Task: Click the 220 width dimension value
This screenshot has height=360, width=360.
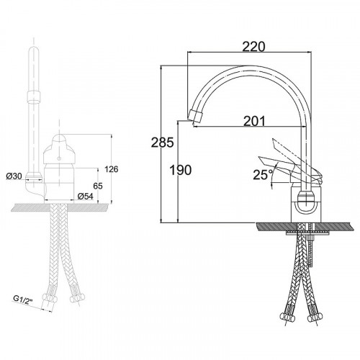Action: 253,47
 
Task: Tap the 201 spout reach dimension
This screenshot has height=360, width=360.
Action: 255,121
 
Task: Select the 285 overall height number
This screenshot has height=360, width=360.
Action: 162,143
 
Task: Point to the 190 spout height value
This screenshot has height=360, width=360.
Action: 181,170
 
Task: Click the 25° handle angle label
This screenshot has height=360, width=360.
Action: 263,174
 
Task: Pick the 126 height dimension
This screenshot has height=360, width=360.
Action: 112,169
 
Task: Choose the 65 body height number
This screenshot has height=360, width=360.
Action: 98,186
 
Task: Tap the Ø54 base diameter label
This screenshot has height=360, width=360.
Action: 85,197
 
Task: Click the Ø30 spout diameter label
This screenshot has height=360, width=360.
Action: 14,176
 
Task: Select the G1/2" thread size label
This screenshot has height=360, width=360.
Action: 22,300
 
